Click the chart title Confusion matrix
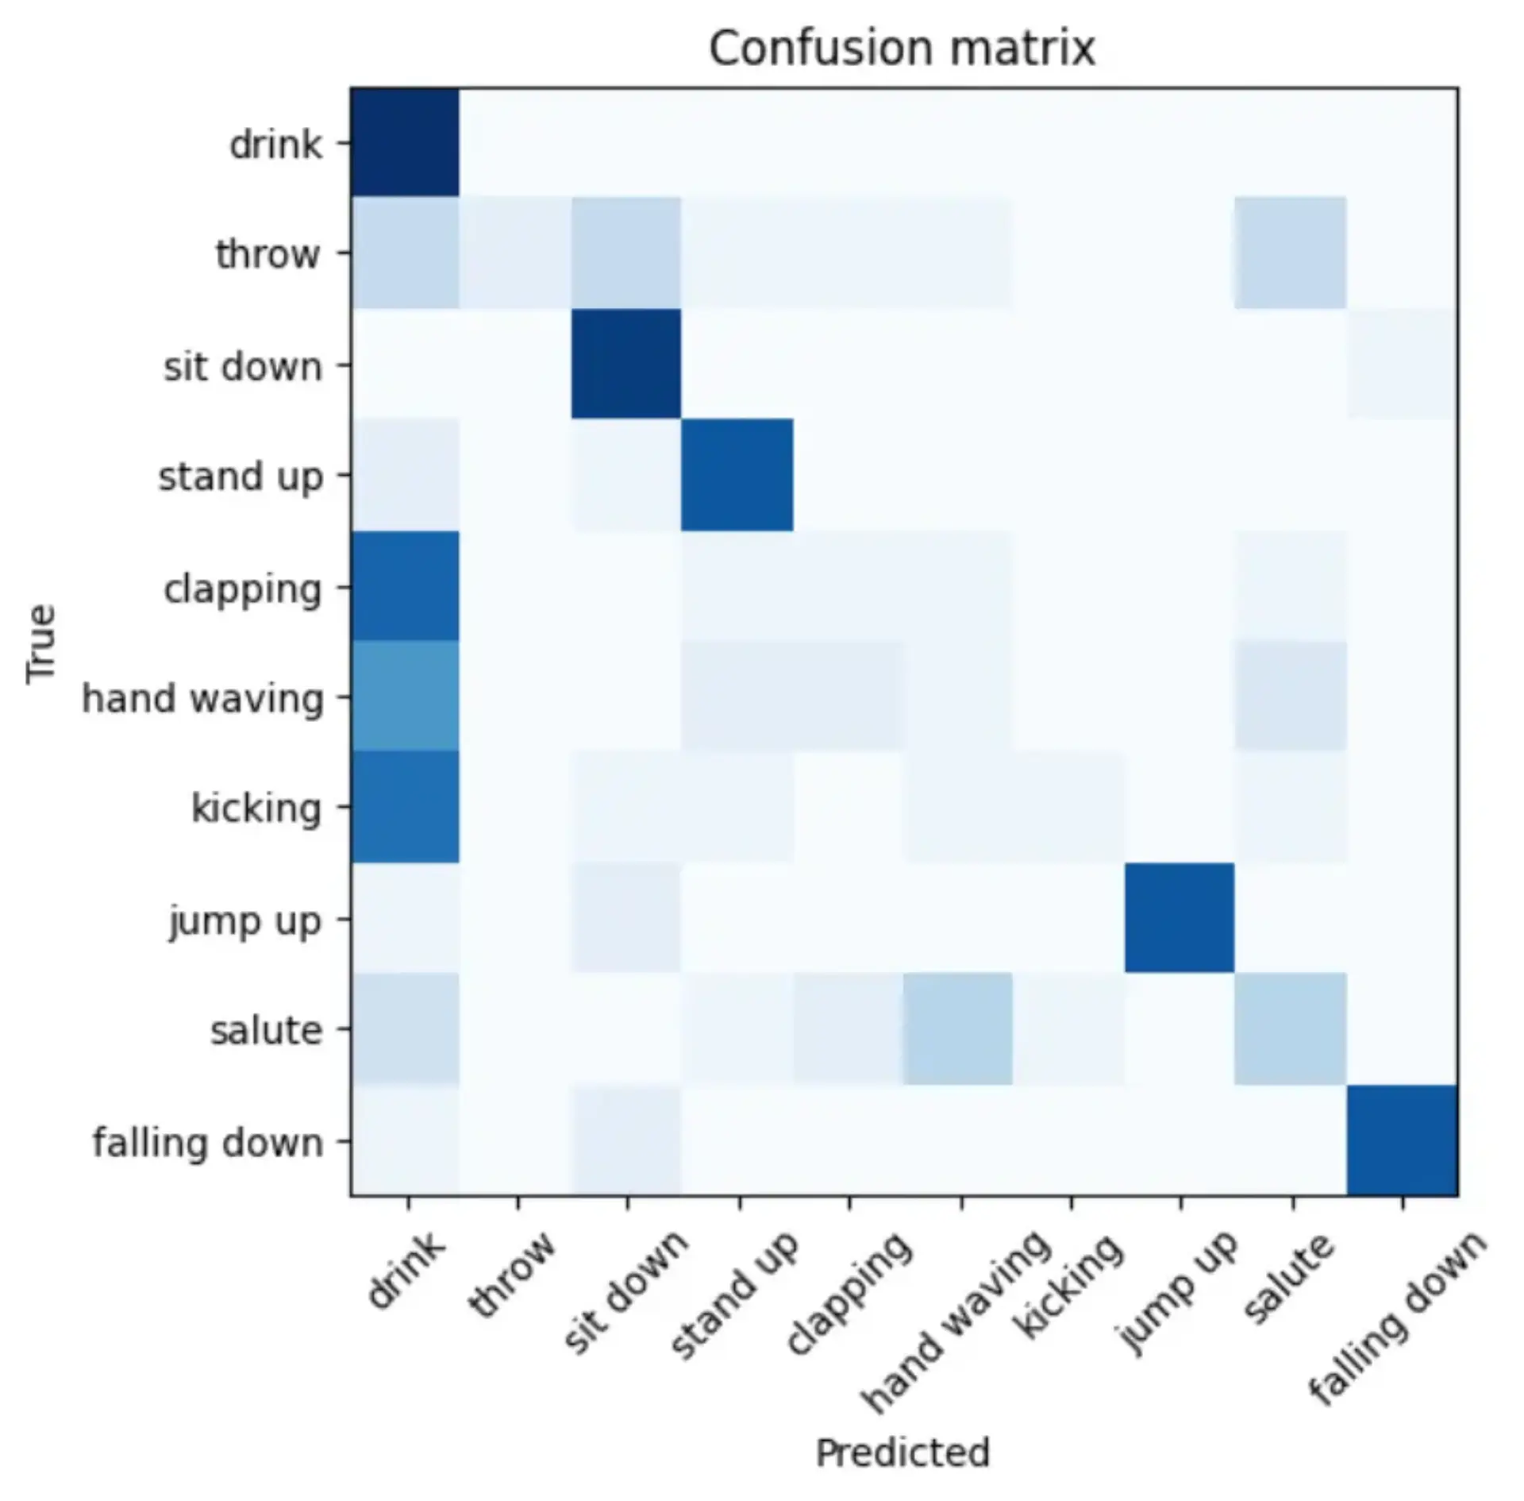click(902, 48)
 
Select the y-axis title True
click(41, 643)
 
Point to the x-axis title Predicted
click(902, 1453)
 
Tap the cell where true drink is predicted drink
click(406, 142)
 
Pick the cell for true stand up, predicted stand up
click(737, 475)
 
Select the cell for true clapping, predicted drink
click(406, 586)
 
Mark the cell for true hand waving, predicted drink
click(406, 696)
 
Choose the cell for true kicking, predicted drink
click(406, 807)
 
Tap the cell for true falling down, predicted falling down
click(1402, 1140)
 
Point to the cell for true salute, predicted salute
click(1291, 1028)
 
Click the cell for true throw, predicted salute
click(1291, 253)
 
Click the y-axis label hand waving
click(203, 699)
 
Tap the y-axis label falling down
click(208, 1143)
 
